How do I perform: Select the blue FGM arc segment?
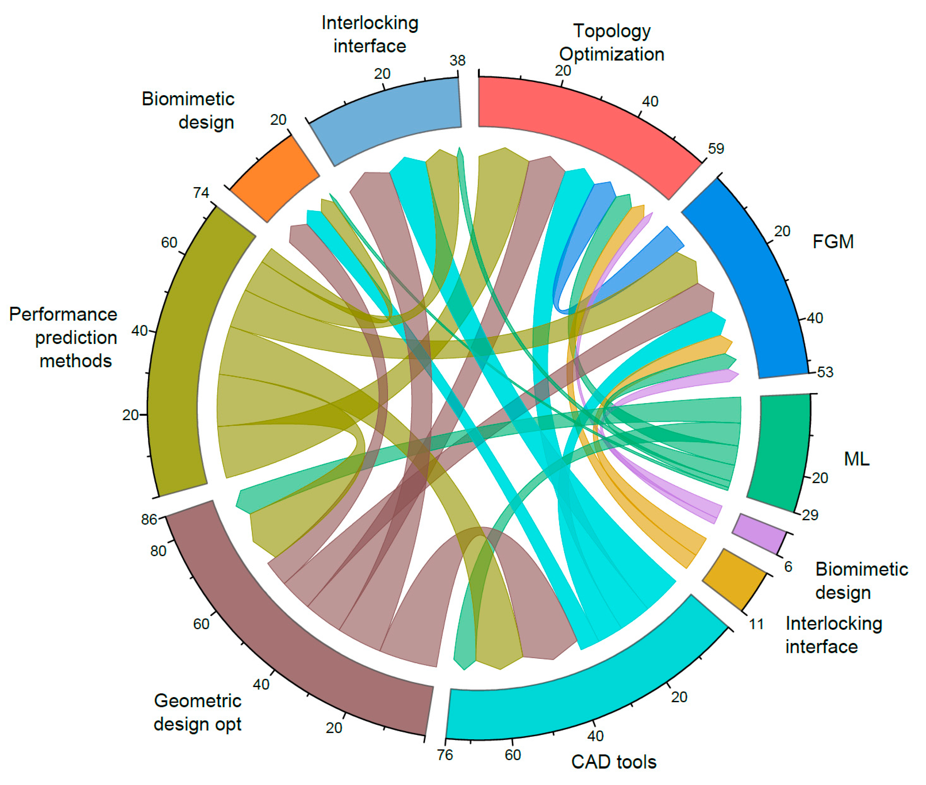point(756,276)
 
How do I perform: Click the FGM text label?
point(833,242)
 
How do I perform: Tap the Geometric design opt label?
point(198,712)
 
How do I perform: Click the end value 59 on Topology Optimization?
point(716,148)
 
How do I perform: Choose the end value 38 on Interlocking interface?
point(457,60)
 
